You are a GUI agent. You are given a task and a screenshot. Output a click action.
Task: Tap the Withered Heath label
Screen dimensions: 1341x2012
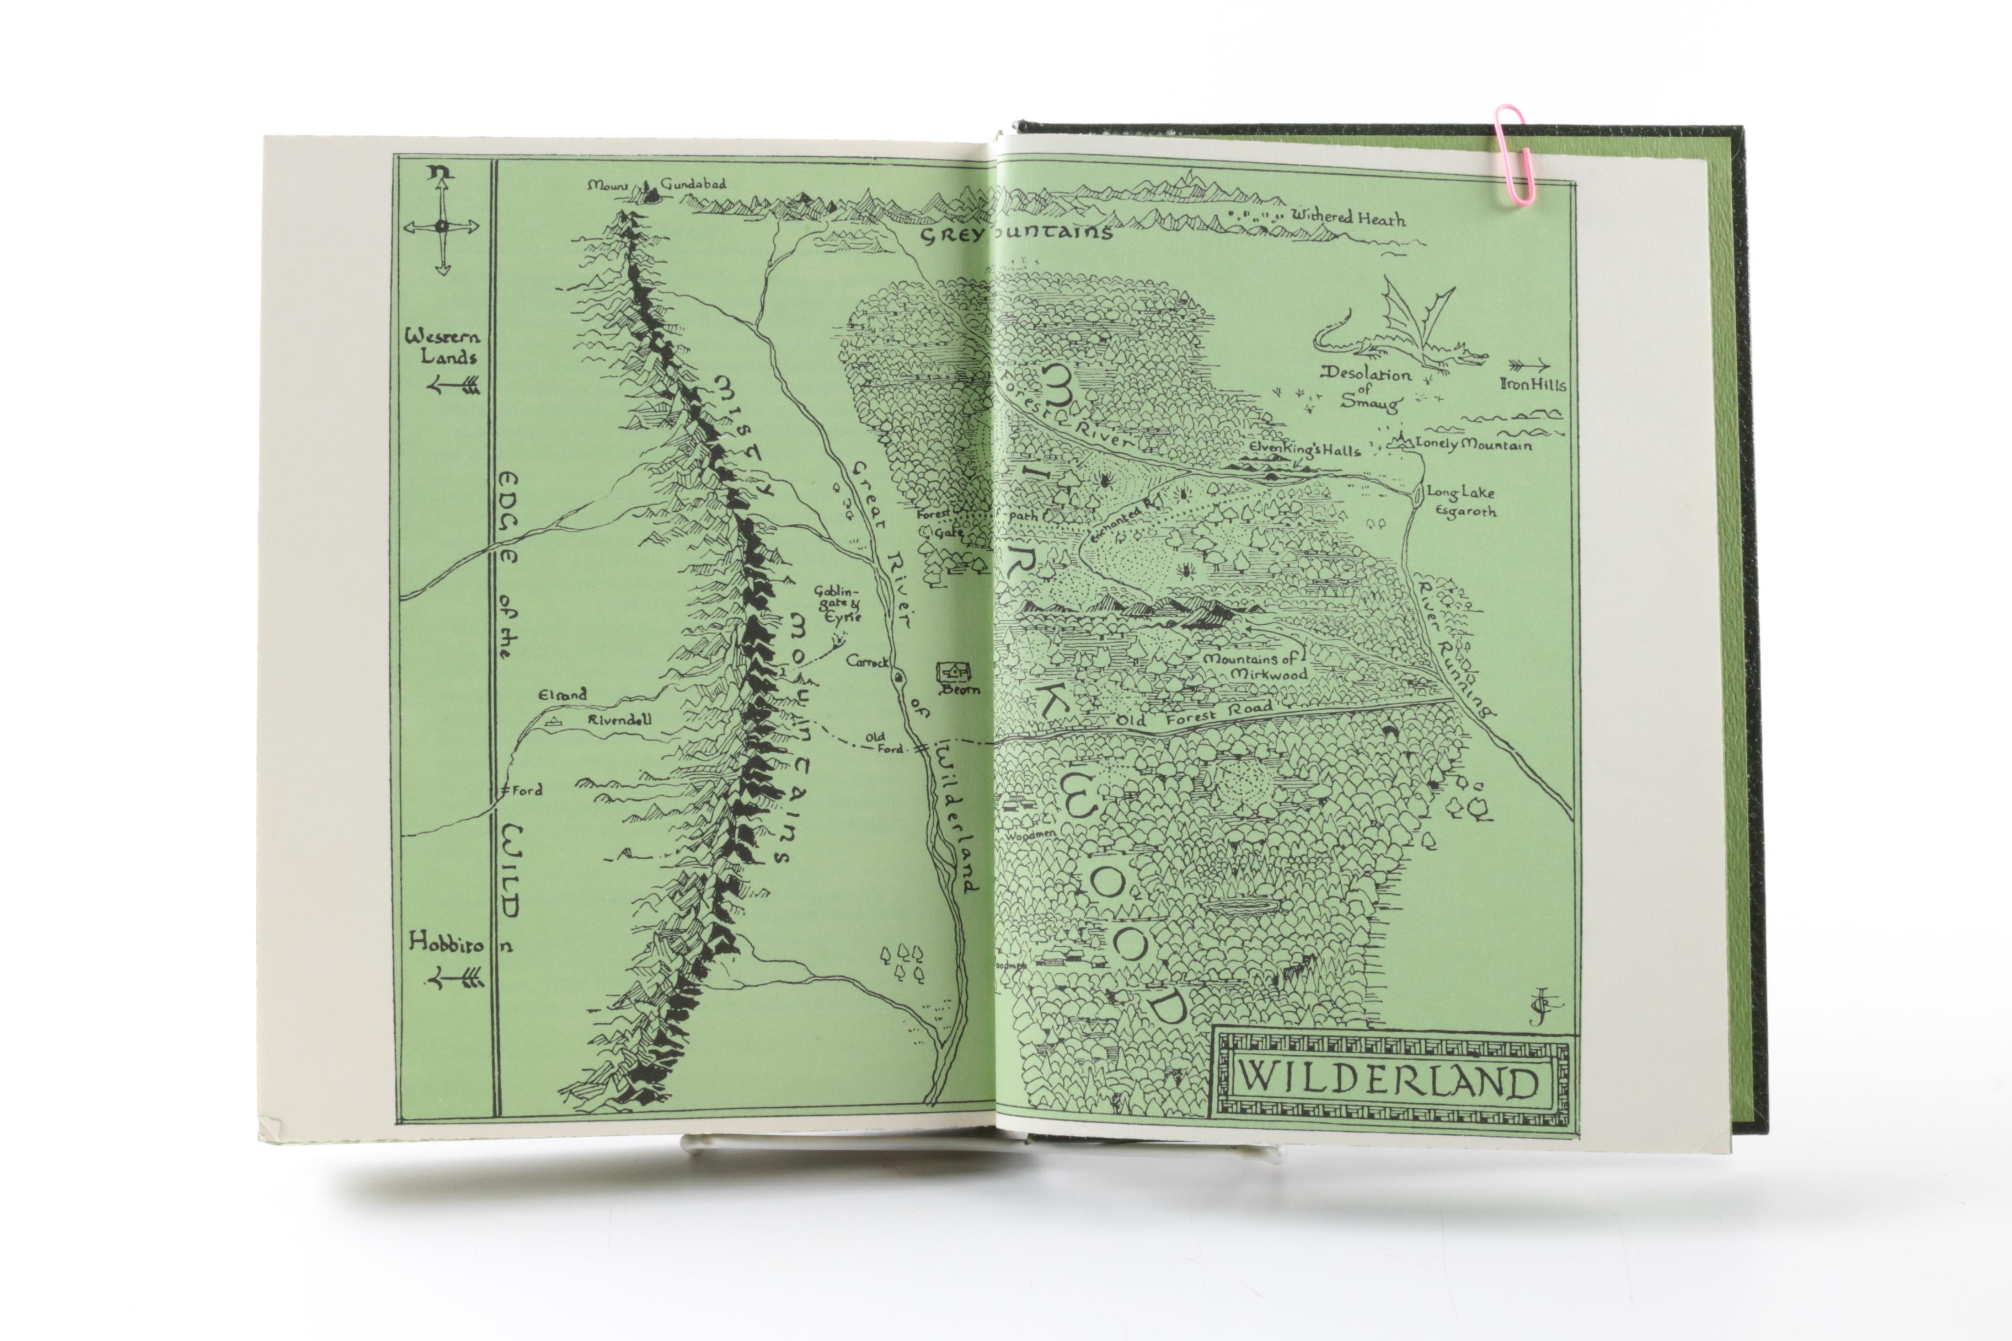(1348, 218)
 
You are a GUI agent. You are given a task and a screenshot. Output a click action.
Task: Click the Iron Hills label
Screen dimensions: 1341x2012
(1532, 385)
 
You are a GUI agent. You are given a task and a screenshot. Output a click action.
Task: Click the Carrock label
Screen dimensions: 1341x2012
(866, 661)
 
